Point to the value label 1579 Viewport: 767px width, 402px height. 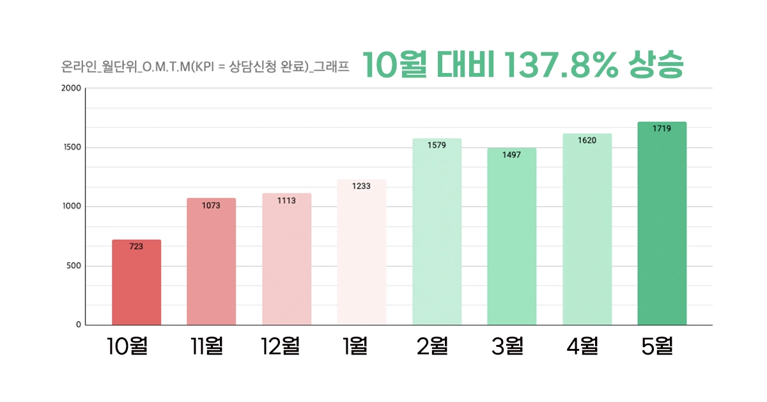[437, 145]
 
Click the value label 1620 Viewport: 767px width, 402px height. [587, 140]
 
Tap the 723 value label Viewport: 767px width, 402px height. [136, 246]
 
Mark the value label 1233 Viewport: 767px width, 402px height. [361, 186]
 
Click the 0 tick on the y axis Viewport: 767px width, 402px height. [79, 325]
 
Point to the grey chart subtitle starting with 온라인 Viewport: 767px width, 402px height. [205, 67]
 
